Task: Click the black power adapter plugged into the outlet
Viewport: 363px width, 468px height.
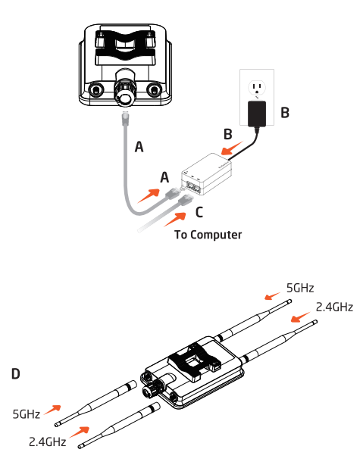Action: [x=255, y=113]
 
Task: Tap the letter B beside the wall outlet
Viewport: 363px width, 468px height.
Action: [x=285, y=113]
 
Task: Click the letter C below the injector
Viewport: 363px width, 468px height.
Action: [x=199, y=211]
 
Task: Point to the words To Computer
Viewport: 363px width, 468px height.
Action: [x=208, y=235]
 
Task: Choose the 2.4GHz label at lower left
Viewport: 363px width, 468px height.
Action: [x=47, y=441]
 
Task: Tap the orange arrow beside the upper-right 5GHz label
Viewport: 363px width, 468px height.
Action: [x=271, y=295]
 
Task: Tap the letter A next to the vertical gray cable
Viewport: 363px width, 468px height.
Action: [x=139, y=147]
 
